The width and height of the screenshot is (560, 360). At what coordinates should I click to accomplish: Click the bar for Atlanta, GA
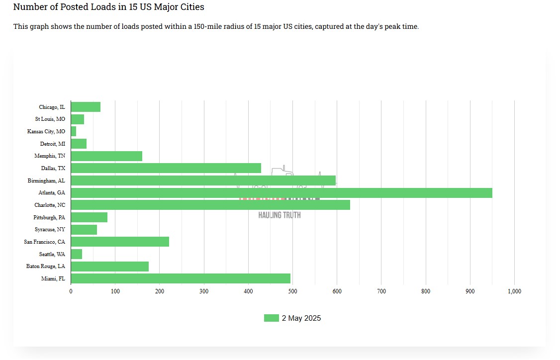coord(281,193)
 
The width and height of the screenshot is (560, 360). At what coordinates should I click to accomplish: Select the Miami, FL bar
coord(181,278)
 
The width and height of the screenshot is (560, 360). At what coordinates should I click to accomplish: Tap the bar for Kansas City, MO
coord(74,132)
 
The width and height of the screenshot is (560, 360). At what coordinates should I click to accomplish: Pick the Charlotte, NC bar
coord(210,205)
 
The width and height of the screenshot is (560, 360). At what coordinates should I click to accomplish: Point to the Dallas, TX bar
coord(166,169)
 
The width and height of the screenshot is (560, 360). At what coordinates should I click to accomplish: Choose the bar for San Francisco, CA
coord(120,242)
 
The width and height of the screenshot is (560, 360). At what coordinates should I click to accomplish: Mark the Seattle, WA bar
coord(77,254)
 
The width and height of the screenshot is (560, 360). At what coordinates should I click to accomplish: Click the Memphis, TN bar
coord(106,156)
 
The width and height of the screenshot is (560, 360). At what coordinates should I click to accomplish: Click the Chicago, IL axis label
coord(52,107)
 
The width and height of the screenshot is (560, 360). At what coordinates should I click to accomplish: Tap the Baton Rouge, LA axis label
coord(46,267)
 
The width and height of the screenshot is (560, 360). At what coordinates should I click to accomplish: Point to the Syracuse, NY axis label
coord(50,230)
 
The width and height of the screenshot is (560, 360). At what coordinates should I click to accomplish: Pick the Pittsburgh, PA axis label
coord(49,217)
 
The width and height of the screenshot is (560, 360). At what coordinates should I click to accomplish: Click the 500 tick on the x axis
coord(292,291)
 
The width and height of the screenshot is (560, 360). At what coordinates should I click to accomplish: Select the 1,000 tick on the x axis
coord(514,291)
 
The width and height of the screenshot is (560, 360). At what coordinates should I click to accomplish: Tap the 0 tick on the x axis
coord(71,291)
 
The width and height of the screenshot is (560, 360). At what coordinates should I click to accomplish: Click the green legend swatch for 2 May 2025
coord(271,318)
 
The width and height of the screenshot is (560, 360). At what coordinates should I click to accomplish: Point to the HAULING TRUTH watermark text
coord(280,215)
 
